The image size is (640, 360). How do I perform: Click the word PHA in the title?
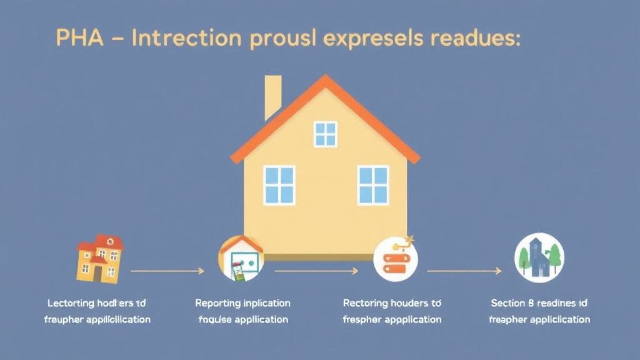[74, 38]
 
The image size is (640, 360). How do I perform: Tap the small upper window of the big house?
[325, 134]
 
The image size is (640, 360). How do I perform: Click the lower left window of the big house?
[279, 184]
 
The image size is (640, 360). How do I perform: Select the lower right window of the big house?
[373, 184]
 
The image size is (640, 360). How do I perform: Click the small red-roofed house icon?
[99, 258]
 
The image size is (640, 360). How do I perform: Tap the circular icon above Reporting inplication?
[241, 258]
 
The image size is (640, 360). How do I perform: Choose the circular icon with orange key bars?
[396, 258]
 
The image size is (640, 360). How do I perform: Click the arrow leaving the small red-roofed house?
[167, 271]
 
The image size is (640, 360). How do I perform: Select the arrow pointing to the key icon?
[316, 271]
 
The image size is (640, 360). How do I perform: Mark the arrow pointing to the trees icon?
[464, 271]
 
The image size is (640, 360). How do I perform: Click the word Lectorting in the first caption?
[71, 303]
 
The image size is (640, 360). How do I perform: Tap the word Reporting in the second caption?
[217, 303]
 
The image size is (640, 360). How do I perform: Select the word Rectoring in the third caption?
[365, 303]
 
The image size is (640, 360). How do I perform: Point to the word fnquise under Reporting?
[216, 319]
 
